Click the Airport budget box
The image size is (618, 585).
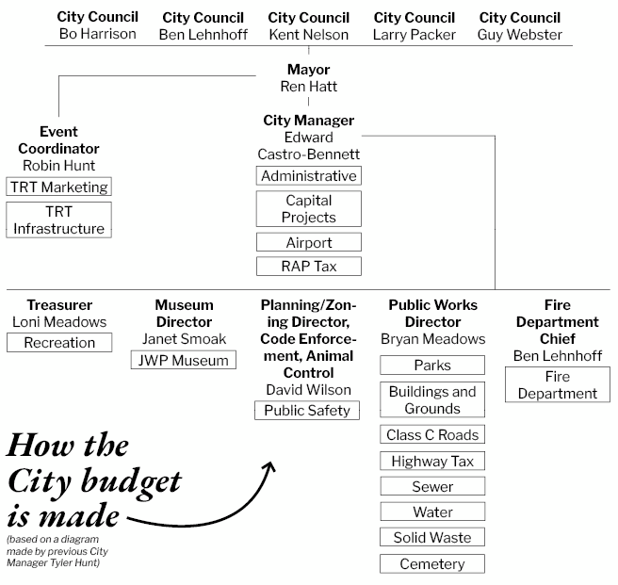tap(309, 242)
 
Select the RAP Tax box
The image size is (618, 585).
tap(309, 266)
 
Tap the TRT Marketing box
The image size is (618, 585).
tap(58, 187)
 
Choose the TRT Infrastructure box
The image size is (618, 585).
tap(58, 220)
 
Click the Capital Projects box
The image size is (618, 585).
tap(309, 208)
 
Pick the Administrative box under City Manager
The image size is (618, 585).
tap(309, 176)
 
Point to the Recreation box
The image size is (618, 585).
tap(59, 343)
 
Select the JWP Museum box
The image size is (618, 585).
tap(184, 360)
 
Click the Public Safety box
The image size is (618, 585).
tap(307, 411)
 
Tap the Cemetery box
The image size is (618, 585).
tap(432, 563)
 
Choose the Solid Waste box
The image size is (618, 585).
tap(432, 537)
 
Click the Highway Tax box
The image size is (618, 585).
tap(432, 461)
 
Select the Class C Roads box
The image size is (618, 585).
tap(432, 434)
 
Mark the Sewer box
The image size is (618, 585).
tap(432, 486)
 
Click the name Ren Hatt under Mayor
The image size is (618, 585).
tap(309, 87)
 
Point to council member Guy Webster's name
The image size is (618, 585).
tap(519, 35)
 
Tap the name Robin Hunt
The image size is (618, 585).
tap(58, 166)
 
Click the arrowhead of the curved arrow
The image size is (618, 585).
tap(270, 466)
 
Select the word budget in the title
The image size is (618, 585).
tap(131, 483)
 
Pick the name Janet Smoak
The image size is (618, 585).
tap(184, 339)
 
